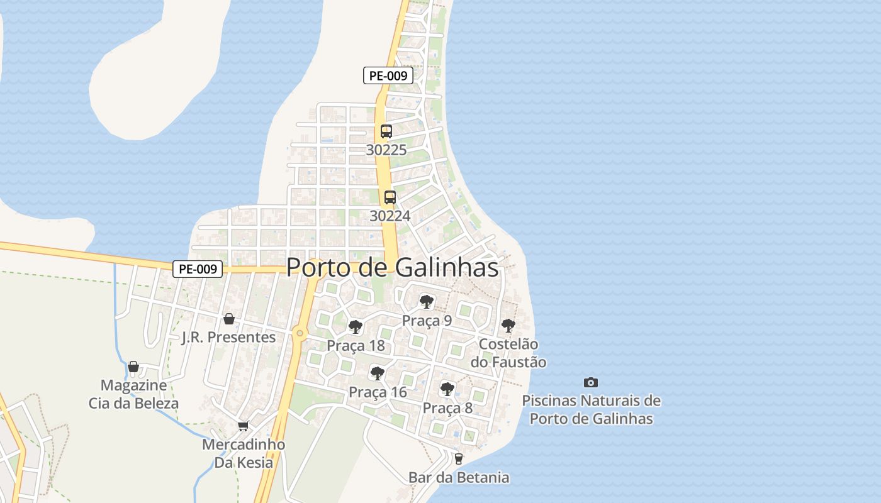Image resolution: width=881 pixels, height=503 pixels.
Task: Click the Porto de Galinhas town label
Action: pos(392,267)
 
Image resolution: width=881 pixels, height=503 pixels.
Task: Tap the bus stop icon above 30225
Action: pos(386,131)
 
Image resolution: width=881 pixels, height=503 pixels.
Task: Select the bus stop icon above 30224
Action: pos(390,197)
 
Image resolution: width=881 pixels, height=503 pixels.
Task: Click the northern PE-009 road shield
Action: pos(388,75)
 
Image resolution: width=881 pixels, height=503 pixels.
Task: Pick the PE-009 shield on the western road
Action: pos(198,269)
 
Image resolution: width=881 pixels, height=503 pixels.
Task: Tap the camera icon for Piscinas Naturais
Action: pos(591,382)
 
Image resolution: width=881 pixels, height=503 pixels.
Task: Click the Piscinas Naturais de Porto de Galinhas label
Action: pos(591,409)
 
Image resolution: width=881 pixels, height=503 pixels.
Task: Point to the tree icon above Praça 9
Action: pos(427,301)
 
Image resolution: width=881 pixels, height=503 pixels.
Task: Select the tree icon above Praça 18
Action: pos(356,326)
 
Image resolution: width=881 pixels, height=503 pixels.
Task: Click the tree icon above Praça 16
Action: pos(378,373)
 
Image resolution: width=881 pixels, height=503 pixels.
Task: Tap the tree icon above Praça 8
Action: pos(447,389)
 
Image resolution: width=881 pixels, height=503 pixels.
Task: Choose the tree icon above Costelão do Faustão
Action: pos(508,326)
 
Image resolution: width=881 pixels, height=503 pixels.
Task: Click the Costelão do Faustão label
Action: pos(508,353)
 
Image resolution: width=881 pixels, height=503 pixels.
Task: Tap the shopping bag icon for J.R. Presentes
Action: pos(229,319)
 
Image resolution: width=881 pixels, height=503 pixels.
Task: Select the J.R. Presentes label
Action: pos(228,337)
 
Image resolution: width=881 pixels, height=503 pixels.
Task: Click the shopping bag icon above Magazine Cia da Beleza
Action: pos(133,367)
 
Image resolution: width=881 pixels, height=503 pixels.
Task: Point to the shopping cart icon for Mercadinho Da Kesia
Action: pos(244,426)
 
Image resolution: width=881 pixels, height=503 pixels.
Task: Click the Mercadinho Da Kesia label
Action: pos(244,453)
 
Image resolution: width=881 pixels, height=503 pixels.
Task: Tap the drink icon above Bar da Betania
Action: pos(459,459)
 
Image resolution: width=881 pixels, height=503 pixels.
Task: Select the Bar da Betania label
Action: pos(459,477)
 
